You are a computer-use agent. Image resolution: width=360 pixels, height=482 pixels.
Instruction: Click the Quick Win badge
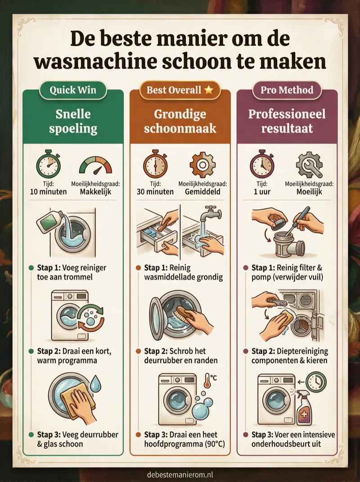72,90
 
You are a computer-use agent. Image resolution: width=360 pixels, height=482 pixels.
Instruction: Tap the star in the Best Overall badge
208,90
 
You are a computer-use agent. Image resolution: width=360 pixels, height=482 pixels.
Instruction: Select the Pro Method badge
287,90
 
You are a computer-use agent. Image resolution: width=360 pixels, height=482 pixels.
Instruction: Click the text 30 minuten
155,191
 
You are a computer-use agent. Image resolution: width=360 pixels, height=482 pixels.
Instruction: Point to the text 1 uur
261,191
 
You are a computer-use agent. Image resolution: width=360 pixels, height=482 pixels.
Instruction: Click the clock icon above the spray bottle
316,382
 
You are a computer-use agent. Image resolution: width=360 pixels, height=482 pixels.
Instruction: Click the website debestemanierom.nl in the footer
180,474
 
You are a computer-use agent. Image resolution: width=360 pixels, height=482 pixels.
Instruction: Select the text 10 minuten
48,191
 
